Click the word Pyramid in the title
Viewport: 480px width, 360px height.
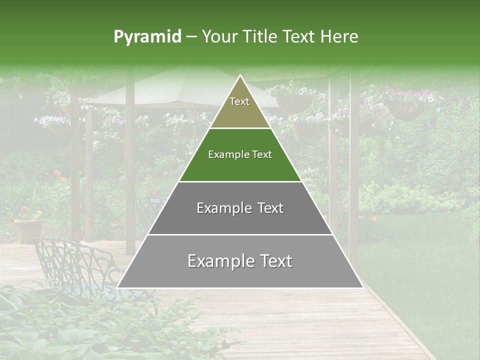pyautogui.click(x=147, y=37)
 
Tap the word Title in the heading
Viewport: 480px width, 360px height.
pyautogui.click(x=260, y=37)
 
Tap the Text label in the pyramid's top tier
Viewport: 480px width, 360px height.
pyautogui.click(x=239, y=101)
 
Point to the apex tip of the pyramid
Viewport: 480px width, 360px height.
pyautogui.click(x=240, y=75)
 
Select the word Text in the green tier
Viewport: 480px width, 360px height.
pyautogui.click(x=261, y=154)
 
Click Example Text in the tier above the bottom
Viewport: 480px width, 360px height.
pyautogui.click(x=240, y=208)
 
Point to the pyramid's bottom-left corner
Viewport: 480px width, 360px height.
pyautogui.click(x=117, y=287)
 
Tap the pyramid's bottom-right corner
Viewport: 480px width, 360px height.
pyautogui.click(x=362, y=287)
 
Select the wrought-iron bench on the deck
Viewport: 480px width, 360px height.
pyautogui.click(x=75, y=265)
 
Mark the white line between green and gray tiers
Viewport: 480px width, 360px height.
pyautogui.click(x=240, y=181)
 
